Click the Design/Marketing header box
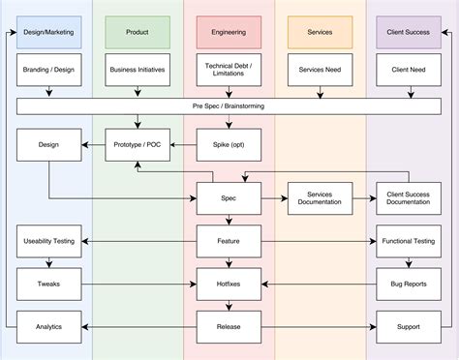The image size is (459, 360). point(48,33)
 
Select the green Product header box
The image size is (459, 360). point(138,33)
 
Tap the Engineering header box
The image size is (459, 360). point(229,33)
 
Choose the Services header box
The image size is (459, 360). point(319,33)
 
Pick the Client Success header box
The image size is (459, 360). point(409,33)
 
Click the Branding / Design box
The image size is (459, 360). point(48,70)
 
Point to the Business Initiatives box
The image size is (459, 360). point(138,70)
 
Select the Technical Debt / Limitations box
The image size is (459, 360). point(229,70)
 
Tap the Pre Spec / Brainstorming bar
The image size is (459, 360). point(229,105)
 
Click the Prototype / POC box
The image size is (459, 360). point(138,145)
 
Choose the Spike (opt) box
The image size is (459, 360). point(229,145)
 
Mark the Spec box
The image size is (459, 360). point(229,198)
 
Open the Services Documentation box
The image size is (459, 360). point(319,198)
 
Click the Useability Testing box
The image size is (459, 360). point(48,240)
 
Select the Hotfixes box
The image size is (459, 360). point(229,285)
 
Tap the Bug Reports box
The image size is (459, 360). point(409,285)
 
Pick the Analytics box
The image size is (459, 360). point(48,327)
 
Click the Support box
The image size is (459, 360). point(409,327)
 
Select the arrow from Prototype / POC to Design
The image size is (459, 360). point(93,145)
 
